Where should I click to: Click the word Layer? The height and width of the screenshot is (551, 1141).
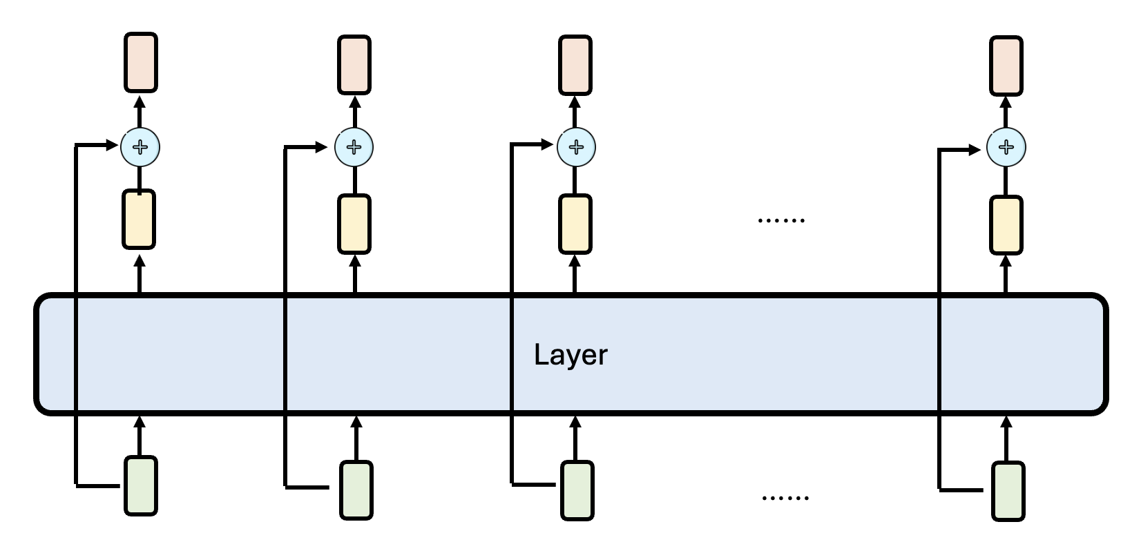(x=570, y=355)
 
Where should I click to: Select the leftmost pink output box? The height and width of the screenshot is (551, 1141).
(x=141, y=62)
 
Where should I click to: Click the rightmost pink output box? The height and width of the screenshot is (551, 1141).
(x=1006, y=66)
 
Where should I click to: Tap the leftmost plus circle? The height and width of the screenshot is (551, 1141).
(x=140, y=146)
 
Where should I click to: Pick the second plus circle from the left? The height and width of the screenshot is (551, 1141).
(x=354, y=146)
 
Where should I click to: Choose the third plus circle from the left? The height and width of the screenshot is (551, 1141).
(x=575, y=147)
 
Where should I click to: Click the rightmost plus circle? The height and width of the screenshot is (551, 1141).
(x=1006, y=147)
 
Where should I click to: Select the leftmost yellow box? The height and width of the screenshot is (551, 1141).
(x=139, y=219)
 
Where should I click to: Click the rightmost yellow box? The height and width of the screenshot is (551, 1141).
(x=1006, y=225)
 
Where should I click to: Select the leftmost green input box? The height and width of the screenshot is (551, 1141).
(x=141, y=485)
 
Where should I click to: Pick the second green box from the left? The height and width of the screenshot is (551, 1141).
(x=356, y=490)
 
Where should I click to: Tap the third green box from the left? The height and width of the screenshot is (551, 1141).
(x=577, y=490)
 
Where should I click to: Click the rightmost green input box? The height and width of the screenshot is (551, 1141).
(x=1008, y=491)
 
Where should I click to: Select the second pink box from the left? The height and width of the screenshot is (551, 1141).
(x=354, y=65)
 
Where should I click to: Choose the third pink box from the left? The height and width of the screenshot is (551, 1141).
(x=575, y=65)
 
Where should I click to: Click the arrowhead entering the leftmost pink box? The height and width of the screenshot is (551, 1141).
(x=140, y=99)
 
